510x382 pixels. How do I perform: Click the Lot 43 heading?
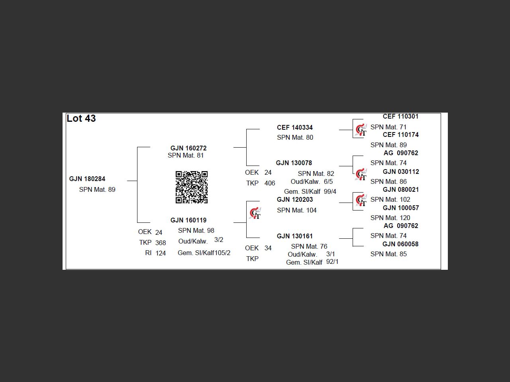coord(81,119)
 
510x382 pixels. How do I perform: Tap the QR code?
coord(192,187)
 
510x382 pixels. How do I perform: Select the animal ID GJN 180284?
coord(87,179)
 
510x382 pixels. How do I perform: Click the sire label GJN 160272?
coord(188,148)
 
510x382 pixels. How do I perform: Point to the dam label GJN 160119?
coord(188,220)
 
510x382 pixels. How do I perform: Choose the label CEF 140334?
coord(295,127)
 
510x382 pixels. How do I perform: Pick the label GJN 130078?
coord(294,163)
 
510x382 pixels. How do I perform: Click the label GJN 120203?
coord(295,199)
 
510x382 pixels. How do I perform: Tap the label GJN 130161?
coord(294,236)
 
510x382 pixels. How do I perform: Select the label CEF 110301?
coord(400,117)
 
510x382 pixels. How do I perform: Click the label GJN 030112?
coord(401,172)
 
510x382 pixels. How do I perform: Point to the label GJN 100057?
coord(401,208)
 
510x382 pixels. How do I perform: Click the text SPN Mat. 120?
coord(390,218)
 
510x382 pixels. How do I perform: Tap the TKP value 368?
coord(161,243)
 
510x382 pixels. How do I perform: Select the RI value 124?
coord(161,253)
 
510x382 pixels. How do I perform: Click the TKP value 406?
coord(270,183)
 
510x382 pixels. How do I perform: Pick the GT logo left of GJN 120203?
coord(255,213)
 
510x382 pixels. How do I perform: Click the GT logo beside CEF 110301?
coord(361,130)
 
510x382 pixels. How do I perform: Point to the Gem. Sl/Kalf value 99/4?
coord(330,191)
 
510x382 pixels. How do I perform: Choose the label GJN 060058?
coord(400,244)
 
